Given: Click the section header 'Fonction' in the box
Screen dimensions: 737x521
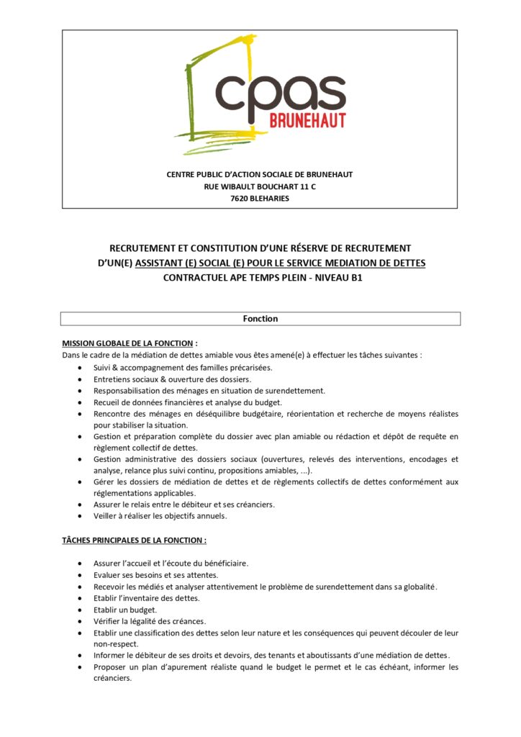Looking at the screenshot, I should tap(260, 318).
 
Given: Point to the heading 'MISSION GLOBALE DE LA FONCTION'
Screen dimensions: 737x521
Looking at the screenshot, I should tap(128, 343).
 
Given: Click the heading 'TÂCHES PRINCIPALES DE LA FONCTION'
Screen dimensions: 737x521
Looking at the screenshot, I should tap(134, 540).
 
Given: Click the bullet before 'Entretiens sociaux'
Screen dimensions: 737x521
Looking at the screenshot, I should tap(78, 379).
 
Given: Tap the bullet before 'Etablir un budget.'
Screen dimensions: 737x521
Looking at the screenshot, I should tap(78, 610).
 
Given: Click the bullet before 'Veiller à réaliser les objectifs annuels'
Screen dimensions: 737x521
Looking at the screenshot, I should tap(78, 516).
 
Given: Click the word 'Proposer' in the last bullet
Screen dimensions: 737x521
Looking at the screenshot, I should tap(111, 666).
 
